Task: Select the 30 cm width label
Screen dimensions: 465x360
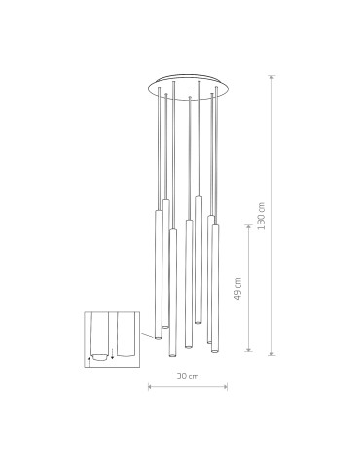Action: tap(187, 376)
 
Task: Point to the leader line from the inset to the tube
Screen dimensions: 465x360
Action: tap(144, 334)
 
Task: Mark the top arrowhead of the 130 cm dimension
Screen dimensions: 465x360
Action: tap(271, 77)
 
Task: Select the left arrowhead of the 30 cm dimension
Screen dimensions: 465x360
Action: tap(150, 386)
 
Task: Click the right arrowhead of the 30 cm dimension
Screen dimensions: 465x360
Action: tap(226, 386)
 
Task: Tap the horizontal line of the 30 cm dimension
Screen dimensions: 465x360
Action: tap(188, 386)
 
